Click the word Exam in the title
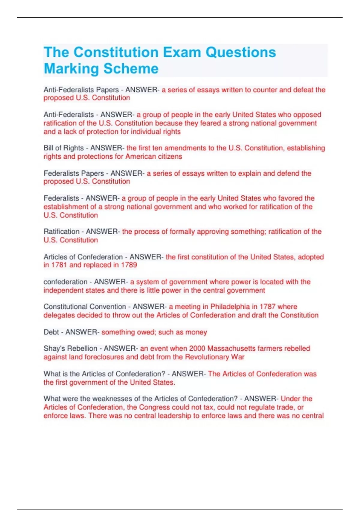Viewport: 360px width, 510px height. pyautogui.click(x=182, y=52)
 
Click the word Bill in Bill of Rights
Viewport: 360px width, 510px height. pyautogui.click(x=48, y=148)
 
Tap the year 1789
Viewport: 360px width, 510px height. pyautogui.click(x=129, y=265)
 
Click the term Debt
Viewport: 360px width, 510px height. pyautogui.click(x=51, y=332)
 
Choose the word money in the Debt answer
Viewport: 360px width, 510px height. pyautogui.click(x=196, y=332)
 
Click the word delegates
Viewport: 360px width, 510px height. pyautogui.click(x=59, y=315)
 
